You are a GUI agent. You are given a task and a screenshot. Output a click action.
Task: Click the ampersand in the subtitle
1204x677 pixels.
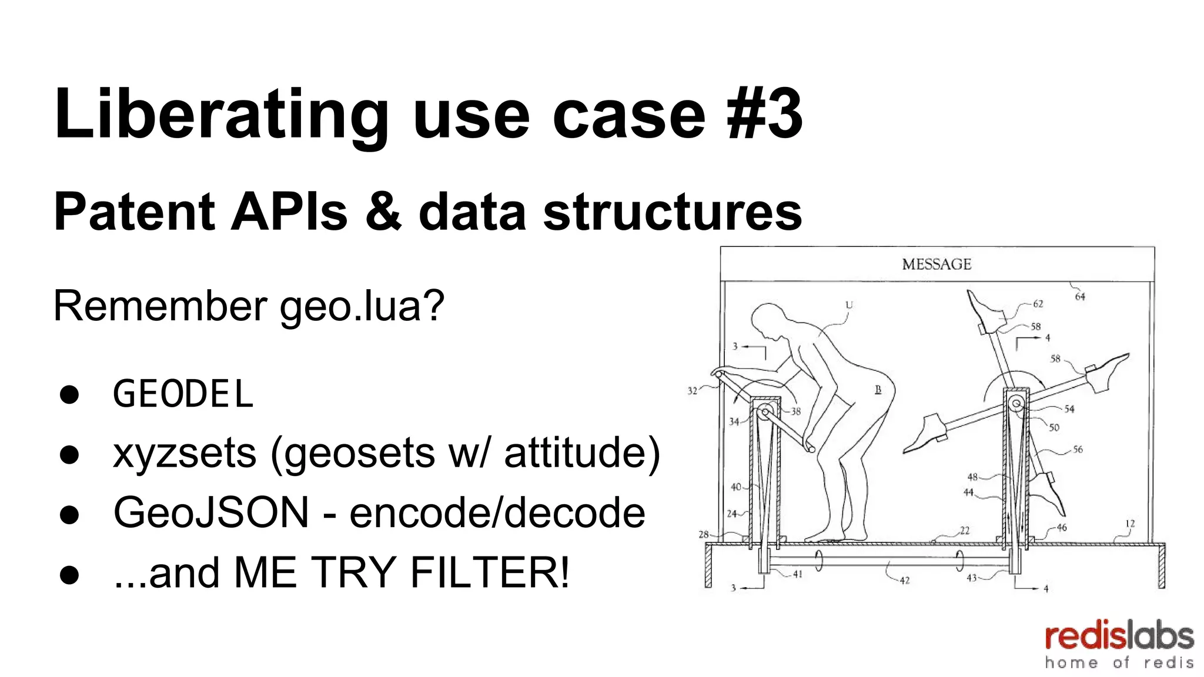tap(383, 212)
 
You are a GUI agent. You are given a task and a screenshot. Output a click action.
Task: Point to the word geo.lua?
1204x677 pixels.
tap(362, 306)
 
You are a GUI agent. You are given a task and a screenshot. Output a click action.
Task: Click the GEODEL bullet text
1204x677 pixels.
tap(183, 394)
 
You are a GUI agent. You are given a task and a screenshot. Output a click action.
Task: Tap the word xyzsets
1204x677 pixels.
tap(185, 453)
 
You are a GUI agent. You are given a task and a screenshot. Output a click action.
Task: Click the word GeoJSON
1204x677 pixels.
tap(211, 512)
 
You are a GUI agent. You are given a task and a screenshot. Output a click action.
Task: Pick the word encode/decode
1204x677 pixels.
tap(497, 512)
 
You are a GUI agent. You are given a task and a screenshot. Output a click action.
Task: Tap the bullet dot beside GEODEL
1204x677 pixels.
tap(69, 394)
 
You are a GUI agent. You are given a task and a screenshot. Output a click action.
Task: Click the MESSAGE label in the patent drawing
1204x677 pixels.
tap(937, 264)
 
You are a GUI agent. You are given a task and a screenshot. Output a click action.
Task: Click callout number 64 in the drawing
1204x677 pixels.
tap(1080, 297)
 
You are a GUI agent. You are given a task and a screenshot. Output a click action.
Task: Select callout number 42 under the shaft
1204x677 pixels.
tap(904, 581)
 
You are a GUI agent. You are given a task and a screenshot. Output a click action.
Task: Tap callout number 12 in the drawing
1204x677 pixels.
tap(1130, 523)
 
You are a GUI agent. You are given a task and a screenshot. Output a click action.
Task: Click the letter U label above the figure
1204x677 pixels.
tap(848, 304)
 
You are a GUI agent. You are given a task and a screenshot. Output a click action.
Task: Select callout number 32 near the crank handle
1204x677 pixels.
tap(692, 390)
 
